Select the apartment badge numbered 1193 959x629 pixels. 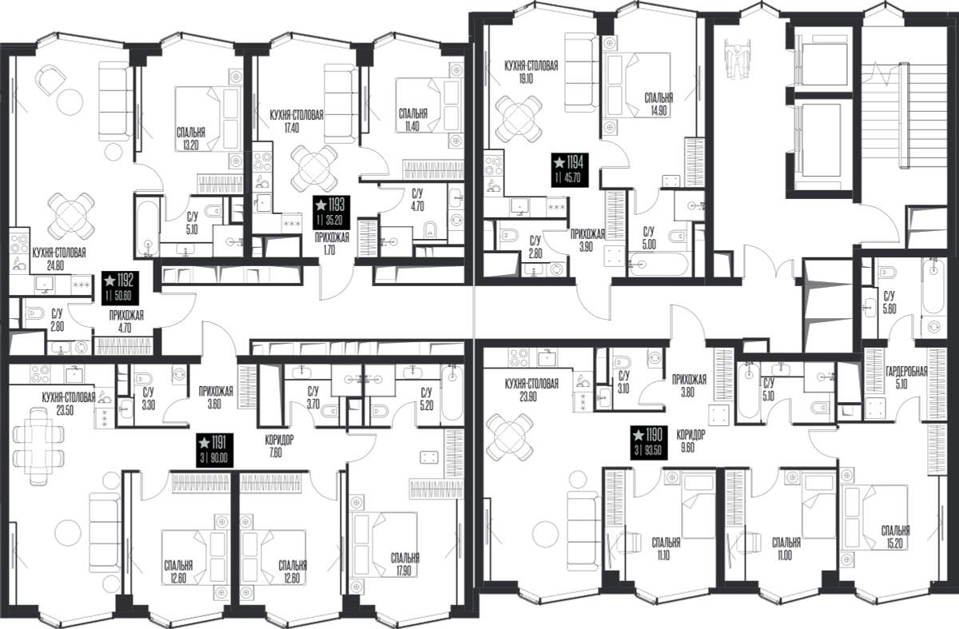(x=332, y=213)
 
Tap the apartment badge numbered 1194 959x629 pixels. (x=569, y=169)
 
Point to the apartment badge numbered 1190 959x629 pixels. (x=650, y=443)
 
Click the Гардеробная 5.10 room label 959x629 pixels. (x=906, y=377)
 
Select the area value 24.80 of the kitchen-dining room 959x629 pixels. (x=56, y=265)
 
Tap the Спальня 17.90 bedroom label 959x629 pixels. (x=404, y=564)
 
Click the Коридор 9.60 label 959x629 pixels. (x=690, y=442)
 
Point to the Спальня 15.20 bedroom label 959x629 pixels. (x=895, y=537)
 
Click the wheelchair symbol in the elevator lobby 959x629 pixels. (x=738, y=58)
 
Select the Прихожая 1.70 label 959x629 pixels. (x=332, y=244)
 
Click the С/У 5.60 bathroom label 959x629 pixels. (x=889, y=302)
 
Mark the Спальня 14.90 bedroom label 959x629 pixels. (x=659, y=105)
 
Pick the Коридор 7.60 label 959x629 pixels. (x=279, y=446)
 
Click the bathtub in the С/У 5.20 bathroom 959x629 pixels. (x=452, y=392)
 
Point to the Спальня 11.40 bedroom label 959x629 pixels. (x=412, y=121)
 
